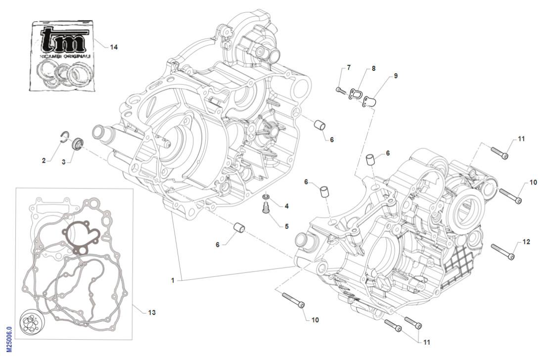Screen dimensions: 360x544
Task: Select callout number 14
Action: pyautogui.click(x=114, y=47)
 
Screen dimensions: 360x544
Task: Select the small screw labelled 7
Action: pyautogui.click(x=340, y=90)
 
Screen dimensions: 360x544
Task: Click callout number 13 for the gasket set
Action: pyautogui.click(x=151, y=313)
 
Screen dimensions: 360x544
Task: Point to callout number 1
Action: pyautogui.click(x=173, y=280)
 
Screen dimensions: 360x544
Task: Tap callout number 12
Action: pyautogui.click(x=526, y=242)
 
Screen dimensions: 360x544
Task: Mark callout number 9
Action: pyautogui.click(x=396, y=76)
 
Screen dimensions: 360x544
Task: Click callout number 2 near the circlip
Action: pyautogui.click(x=44, y=160)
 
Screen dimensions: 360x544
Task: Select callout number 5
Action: pyautogui.click(x=286, y=226)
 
